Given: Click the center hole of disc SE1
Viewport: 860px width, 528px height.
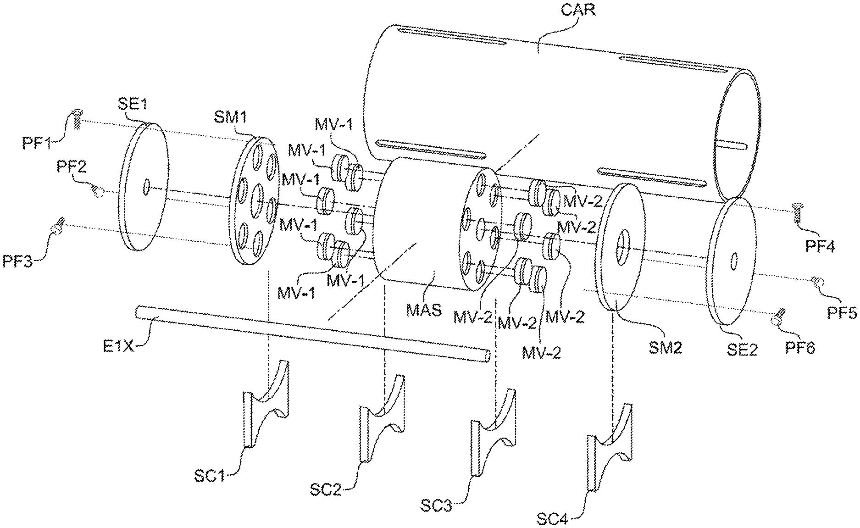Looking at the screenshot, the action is (146, 186).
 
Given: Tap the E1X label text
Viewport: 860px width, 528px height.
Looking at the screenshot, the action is (118, 347).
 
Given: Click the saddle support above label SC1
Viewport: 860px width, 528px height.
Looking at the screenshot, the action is (266, 405).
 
